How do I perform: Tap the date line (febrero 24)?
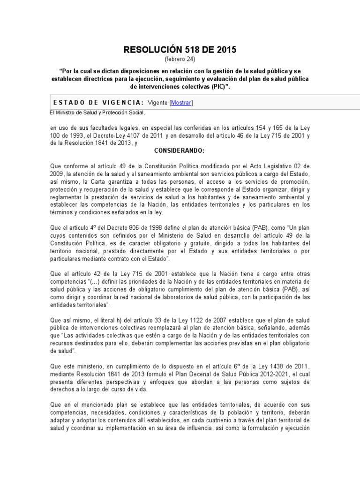(x=180, y=59)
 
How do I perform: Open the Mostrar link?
(x=181, y=103)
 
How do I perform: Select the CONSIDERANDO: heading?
(x=180, y=150)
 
